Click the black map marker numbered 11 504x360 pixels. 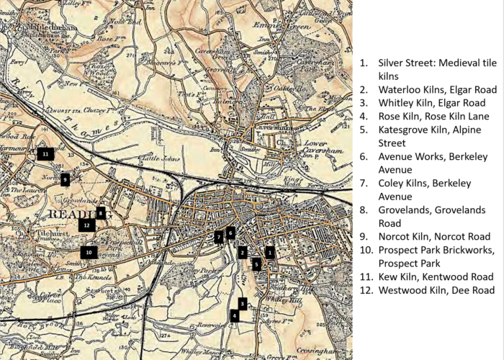[45, 153]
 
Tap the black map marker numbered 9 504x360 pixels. [65, 179]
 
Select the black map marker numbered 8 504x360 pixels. [101, 213]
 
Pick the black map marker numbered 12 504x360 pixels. [87, 225]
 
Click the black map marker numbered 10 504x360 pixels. [89, 253]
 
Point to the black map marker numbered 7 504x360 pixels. [219, 237]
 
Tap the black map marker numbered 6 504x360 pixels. [230, 233]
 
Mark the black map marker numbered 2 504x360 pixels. [243, 252]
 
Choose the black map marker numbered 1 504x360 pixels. [270, 252]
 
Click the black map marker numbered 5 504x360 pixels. [256, 264]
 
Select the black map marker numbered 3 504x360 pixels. [243, 304]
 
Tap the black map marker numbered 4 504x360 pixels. [235, 315]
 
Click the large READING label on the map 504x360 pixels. [71, 215]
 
